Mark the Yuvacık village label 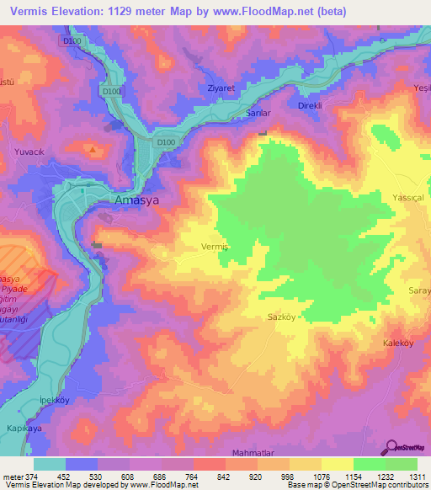pyautogui.click(x=28, y=152)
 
